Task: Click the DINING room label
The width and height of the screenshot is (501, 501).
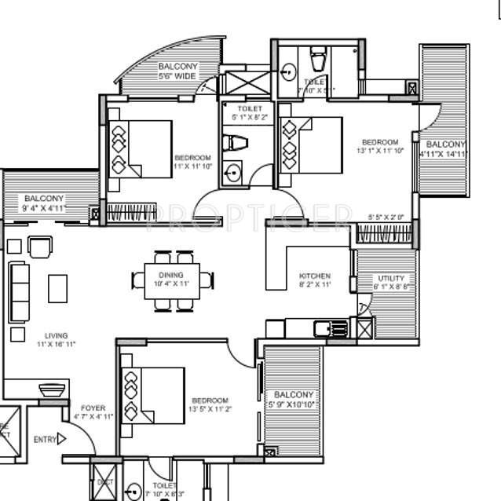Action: coord(170,275)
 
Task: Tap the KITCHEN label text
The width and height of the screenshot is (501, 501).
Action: coord(314,276)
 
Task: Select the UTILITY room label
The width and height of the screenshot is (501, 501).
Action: coord(390,278)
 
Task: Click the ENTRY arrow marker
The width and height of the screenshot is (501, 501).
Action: coord(61,440)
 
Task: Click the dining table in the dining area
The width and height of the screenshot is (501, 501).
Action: coord(171,279)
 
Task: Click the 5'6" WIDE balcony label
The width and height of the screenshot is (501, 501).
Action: coord(178,76)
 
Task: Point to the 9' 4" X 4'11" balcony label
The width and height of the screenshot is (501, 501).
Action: coord(43,208)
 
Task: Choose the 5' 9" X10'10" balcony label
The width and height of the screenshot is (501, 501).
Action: coord(294,404)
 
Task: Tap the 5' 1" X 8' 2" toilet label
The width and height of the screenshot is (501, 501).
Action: coord(249,117)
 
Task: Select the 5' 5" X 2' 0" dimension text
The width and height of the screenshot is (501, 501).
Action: coord(386,217)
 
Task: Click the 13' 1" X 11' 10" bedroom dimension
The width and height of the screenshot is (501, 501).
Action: coord(380,150)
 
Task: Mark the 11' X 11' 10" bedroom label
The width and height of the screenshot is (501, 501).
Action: coord(192,166)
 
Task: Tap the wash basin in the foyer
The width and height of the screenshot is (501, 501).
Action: coord(51,390)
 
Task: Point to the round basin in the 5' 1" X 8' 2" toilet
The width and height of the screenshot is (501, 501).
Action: coord(232,171)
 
